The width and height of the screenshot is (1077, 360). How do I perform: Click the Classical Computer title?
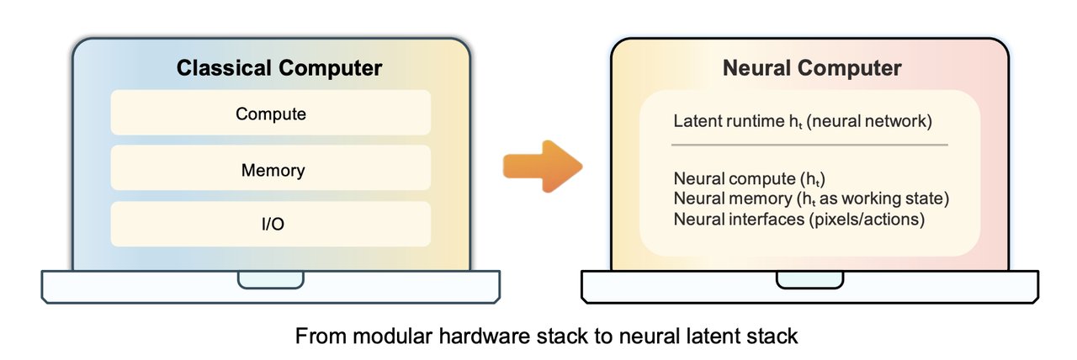[279, 68]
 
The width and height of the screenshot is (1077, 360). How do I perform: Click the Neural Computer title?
[812, 68]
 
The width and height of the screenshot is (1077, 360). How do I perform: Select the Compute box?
[271, 114]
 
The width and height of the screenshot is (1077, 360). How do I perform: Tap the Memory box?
[271, 170]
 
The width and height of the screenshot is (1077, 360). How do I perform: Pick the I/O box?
[271, 223]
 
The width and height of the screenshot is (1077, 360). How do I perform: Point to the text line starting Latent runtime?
[803, 121]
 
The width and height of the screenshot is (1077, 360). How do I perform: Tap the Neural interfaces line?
[799, 219]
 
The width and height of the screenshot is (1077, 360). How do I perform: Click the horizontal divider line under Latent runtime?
[809, 145]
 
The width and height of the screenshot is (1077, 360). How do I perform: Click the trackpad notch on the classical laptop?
[270, 279]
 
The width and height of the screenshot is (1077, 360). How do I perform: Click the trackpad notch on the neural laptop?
[809, 279]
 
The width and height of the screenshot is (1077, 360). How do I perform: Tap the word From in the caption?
[314, 337]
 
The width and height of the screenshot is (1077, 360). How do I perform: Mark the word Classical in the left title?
[221, 68]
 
